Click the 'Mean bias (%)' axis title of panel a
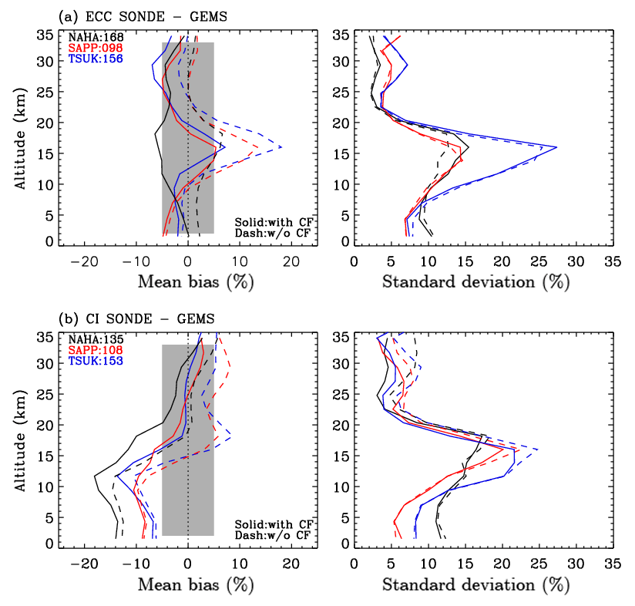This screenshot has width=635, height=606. (x=196, y=282)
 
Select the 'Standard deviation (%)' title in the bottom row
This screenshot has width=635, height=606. (x=475, y=585)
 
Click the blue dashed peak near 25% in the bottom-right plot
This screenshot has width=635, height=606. (x=537, y=449)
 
